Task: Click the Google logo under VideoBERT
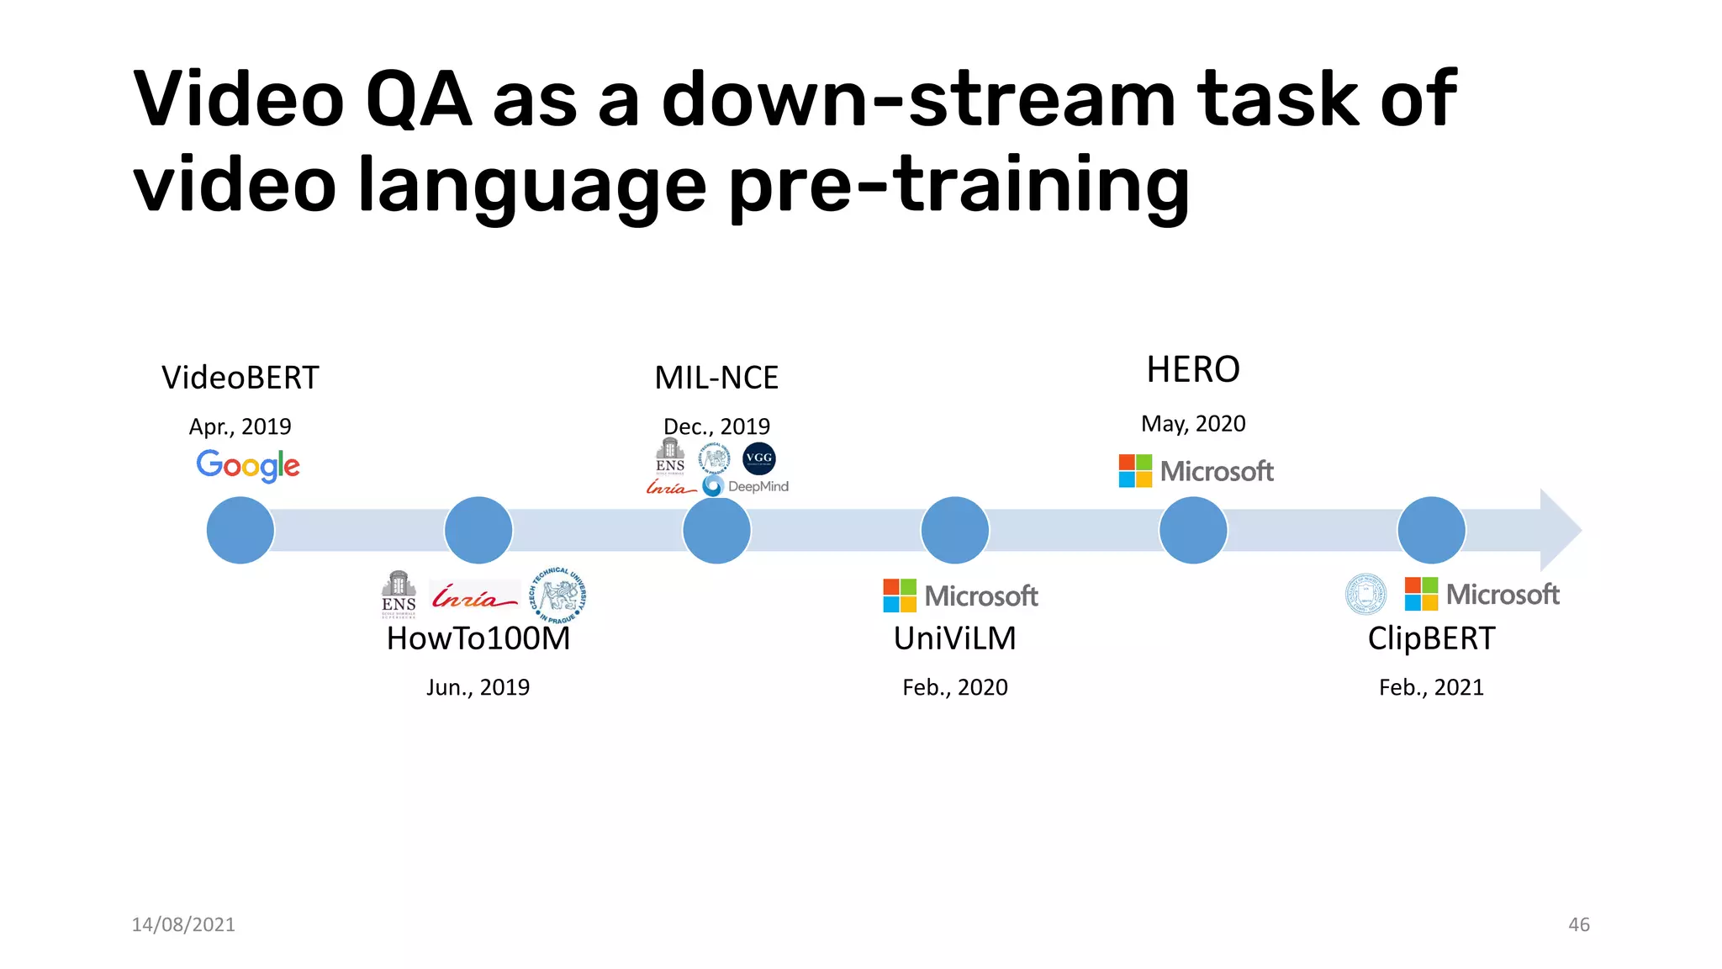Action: coord(248,465)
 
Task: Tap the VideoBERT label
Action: coord(240,378)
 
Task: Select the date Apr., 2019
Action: coord(240,426)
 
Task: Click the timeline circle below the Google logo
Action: coord(240,530)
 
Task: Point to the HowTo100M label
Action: coord(478,638)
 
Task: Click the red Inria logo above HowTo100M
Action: coord(473,596)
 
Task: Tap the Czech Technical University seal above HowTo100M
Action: coord(557,596)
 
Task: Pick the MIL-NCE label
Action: coord(716,378)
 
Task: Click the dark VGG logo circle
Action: coord(759,458)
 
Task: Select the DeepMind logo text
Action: coord(758,486)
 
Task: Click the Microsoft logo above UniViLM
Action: coord(960,596)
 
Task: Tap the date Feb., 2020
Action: coord(955,687)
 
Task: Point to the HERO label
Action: coord(1193,369)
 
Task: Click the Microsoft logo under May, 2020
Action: coord(1196,471)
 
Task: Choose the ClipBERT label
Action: coord(1431,638)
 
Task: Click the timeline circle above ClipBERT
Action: coord(1431,530)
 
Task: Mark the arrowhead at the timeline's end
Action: coord(1560,530)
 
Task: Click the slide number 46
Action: coord(1578,924)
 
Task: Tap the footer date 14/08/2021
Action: coord(183,924)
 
